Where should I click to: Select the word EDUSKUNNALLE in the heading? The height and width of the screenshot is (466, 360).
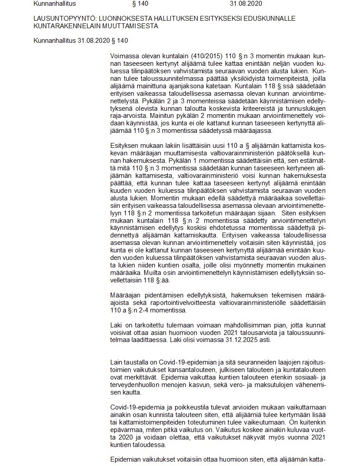[x=272, y=19]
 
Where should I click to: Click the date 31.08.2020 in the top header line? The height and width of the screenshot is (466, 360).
[x=246, y=4]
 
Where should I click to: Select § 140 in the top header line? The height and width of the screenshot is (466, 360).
[x=140, y=4]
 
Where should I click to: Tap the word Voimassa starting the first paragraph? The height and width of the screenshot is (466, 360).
[x=124, y=57]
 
